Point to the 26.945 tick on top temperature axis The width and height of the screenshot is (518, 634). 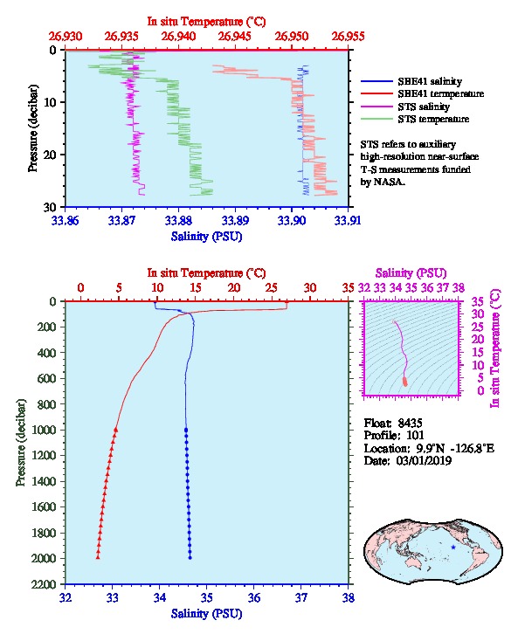tap(234, 37)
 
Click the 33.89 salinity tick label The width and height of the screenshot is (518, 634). tap(235, 220)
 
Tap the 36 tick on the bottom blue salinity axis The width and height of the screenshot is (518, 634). tap(254, 597)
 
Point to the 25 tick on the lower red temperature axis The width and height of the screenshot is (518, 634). tap(272, 288)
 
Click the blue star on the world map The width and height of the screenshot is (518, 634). tap(453, 547)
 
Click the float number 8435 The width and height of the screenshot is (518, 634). tap(410, 424)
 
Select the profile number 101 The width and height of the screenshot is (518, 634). tap(415, 436)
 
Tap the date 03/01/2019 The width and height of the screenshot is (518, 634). tap(424, 461)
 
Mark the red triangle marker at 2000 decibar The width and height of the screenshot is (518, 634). tap(98, 557)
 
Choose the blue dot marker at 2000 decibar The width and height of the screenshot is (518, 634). tap(190, 557)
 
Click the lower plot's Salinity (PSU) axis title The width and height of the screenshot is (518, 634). tap(207, 614)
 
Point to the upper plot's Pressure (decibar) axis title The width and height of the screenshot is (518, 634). tap(33, 128)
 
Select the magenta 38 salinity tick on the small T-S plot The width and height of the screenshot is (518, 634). tap(458, 288)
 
